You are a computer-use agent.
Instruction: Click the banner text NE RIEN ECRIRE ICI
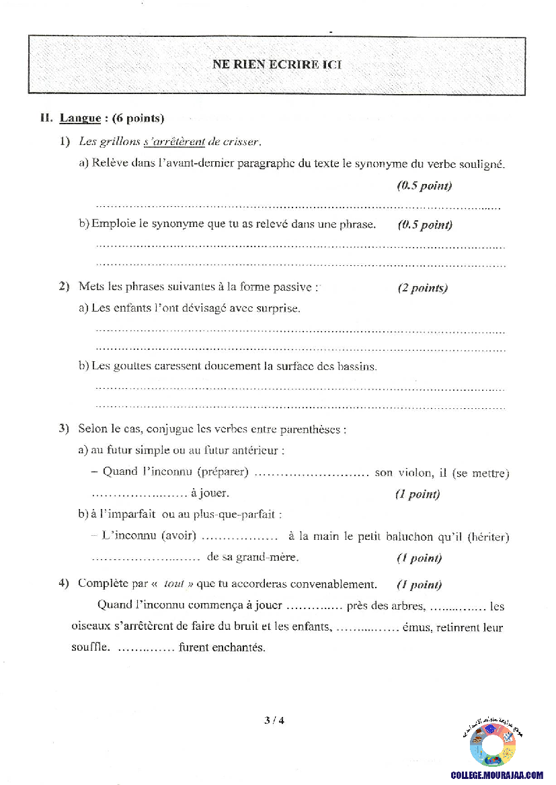(x=277, y=65)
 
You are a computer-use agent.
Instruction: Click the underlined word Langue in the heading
(x=80, y=119)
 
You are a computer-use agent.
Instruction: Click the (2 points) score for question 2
(x=422, y=288)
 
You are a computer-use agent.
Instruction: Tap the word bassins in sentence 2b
(x=358, y=367)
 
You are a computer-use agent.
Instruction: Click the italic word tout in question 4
(x=173, y=584)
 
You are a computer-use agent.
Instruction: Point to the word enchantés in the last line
(x=223, y=647)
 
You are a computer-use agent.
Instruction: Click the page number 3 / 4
(x=274, y=721)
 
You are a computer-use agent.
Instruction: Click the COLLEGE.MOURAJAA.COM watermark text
(x=496, y=775)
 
